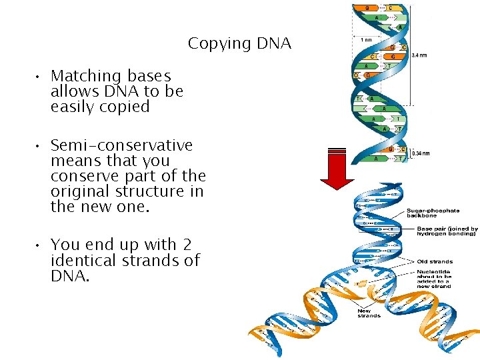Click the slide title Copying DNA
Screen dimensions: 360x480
tap(239, 44)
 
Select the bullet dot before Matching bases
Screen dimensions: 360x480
tap(40, 77)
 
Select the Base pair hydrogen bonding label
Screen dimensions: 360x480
tap(442, 231)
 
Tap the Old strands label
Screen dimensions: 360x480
tap(434, 261)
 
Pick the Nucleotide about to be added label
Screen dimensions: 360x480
tap(433, 278)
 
